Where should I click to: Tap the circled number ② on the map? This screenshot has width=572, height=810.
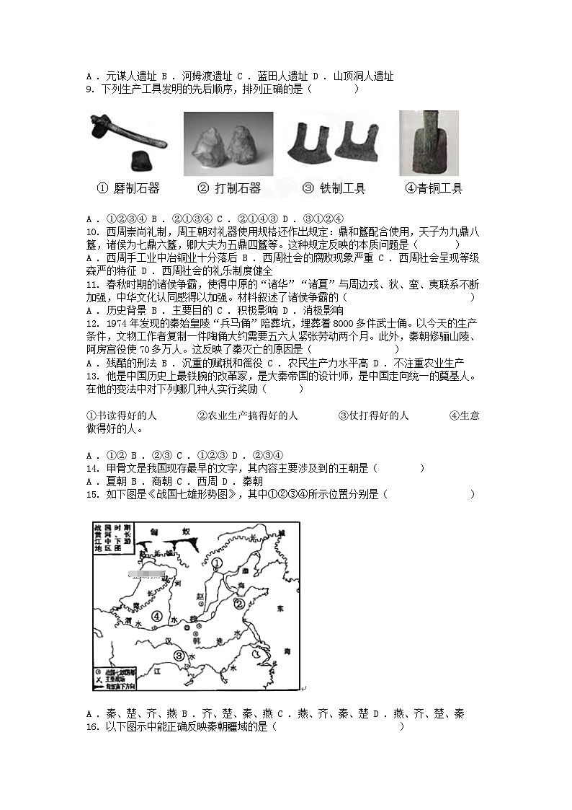coord(238,603)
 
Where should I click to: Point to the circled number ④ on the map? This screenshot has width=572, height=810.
coord(156,615)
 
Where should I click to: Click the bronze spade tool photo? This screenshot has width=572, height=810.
coord(429,143)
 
